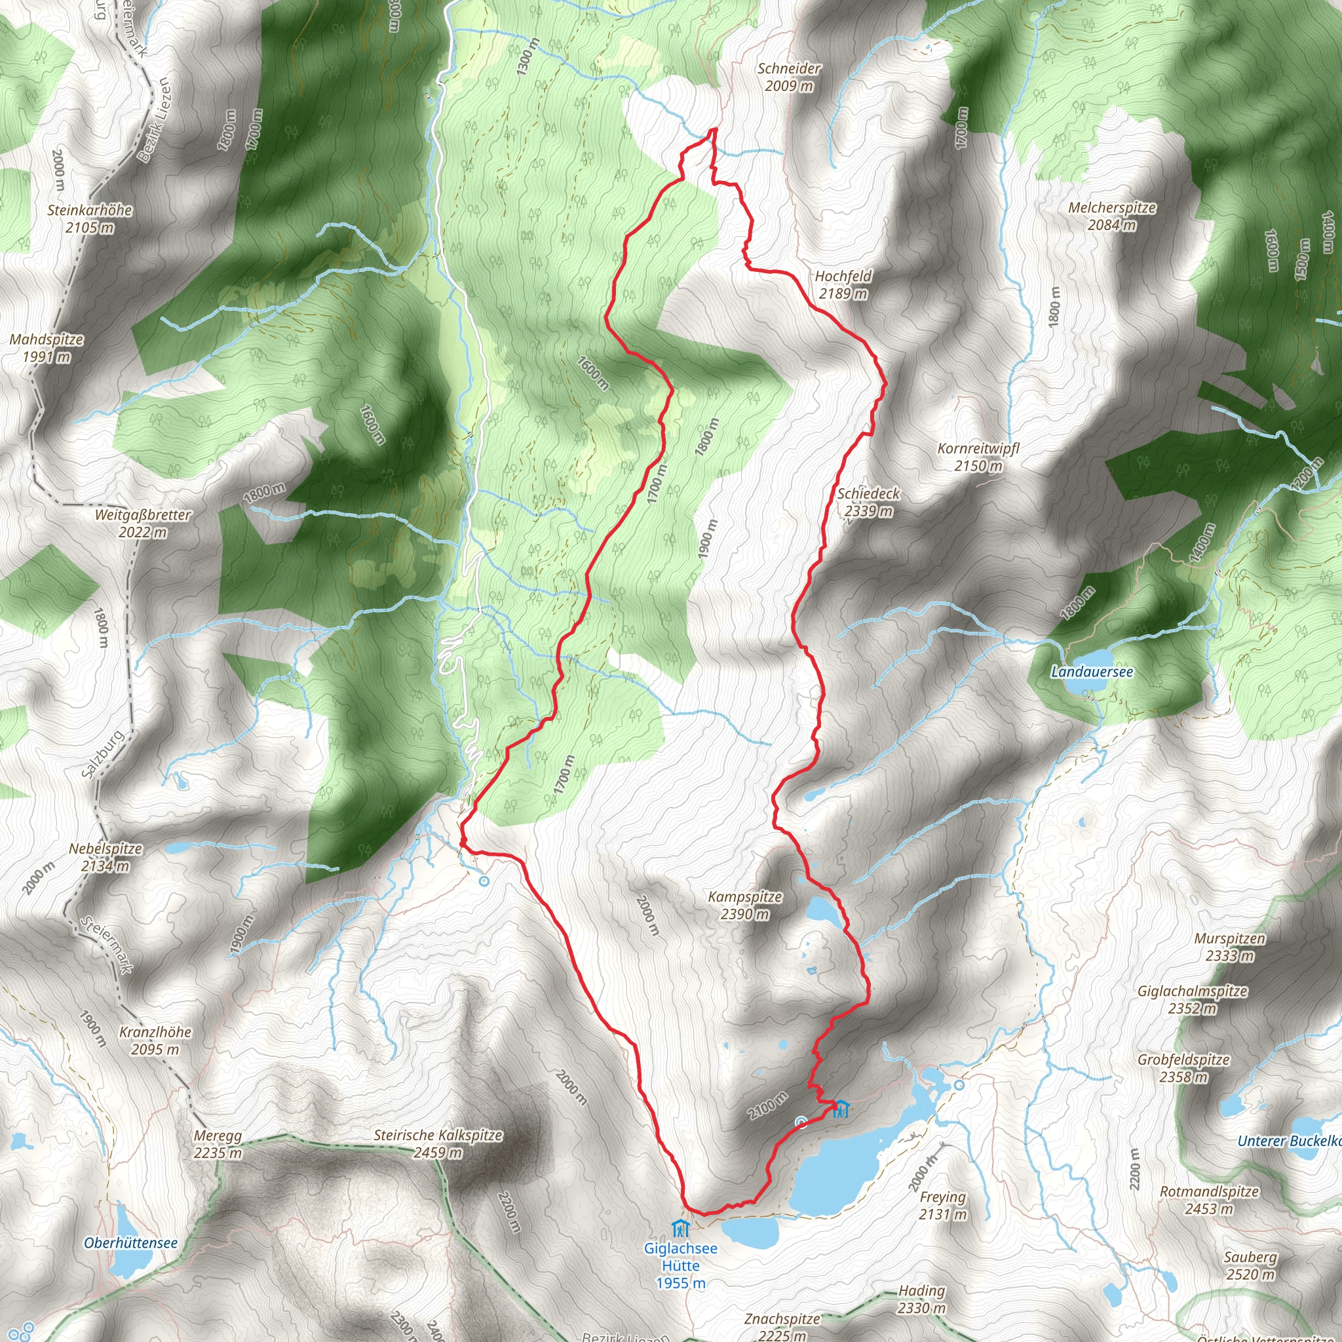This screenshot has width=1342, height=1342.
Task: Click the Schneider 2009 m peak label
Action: [788, 77]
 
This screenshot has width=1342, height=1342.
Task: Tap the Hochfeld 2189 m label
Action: [843, 285]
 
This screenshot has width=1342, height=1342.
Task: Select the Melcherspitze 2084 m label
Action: [1111, 216]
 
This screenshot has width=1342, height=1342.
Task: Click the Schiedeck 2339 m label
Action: [868, 502]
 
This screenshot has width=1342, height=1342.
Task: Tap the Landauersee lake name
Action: [1091, 672]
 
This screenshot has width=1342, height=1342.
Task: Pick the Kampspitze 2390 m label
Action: [744, 905]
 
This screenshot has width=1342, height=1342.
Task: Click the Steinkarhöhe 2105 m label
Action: [90, 218]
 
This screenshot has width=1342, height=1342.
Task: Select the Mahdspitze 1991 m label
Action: [47, 348]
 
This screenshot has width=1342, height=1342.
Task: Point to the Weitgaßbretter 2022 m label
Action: [142, 523]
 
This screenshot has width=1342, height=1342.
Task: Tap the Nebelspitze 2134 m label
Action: [105, 857]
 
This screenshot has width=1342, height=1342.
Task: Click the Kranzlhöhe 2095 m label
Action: [154, 1041]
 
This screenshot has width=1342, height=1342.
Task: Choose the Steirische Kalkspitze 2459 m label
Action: [438, 1143]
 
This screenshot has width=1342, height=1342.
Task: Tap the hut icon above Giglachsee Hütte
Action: [680, 1228]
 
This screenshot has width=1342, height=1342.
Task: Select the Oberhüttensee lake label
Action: [130, 1242]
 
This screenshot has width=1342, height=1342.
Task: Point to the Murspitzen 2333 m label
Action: [1229, 947]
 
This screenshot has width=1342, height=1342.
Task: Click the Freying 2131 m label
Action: [942, 1205]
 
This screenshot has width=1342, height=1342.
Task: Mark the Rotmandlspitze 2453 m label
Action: [1210, 1200]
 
